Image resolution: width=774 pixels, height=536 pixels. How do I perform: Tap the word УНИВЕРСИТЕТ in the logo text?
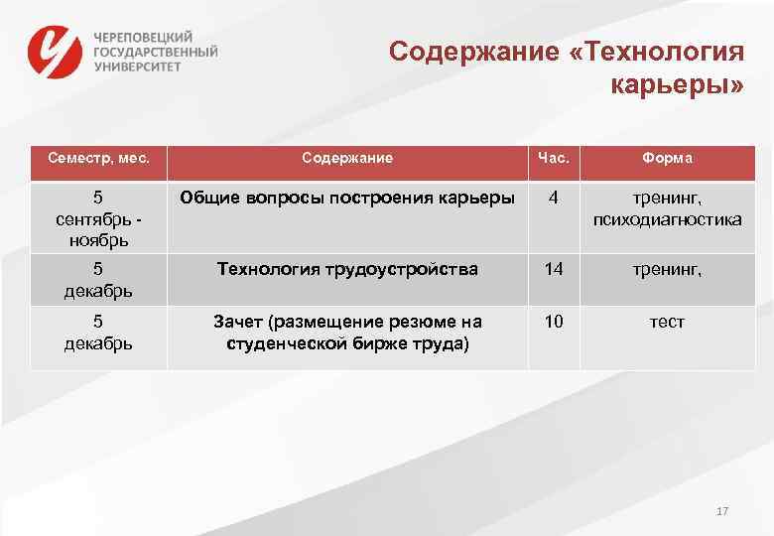click(138, 66)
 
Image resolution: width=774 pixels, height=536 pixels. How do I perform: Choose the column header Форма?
click(668, 158)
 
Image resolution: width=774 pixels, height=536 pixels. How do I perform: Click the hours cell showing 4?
click(553, 198)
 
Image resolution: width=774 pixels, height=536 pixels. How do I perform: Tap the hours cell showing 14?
click(553, 269)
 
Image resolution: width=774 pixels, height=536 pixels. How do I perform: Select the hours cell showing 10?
click(553, 323)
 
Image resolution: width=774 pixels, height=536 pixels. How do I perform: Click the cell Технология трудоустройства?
click(347, 269)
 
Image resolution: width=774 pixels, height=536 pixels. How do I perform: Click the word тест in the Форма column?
click(668, 323)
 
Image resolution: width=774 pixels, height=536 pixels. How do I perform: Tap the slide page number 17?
click(722, 511)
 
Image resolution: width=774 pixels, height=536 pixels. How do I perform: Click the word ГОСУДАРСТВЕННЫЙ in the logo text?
click(156, 51)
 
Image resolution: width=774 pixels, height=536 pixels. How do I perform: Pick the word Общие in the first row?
click(208, 198)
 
